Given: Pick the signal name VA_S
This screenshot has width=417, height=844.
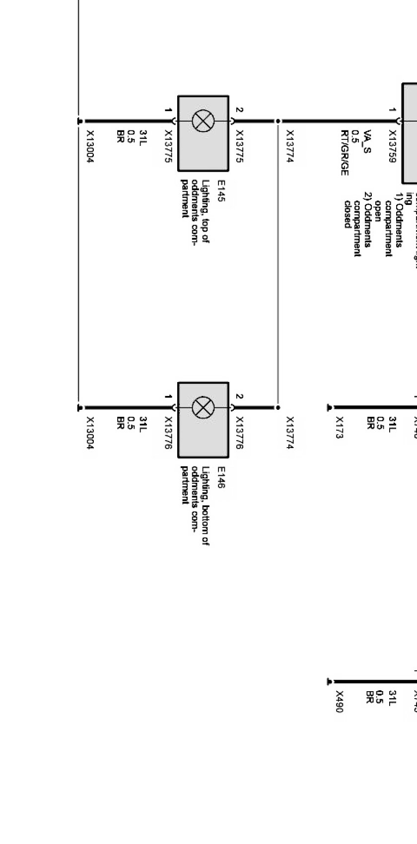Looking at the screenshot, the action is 367,141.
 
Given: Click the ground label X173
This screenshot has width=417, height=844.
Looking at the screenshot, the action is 340,427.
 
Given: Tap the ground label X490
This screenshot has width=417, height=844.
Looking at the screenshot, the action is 340,702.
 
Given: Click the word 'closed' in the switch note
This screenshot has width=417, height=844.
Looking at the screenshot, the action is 347,214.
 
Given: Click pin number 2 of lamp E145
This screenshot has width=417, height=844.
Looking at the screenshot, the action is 239,110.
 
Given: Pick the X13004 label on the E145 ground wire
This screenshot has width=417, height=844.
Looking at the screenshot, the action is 90,147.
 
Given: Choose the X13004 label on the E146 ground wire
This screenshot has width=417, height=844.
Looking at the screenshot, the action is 90,433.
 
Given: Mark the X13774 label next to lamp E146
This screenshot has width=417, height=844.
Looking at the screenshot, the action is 290,433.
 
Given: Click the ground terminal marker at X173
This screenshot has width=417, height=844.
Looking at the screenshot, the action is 329,408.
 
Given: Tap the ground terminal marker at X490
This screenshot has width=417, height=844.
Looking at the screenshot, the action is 329,682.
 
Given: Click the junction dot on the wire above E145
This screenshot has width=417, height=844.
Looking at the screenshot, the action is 278,121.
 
